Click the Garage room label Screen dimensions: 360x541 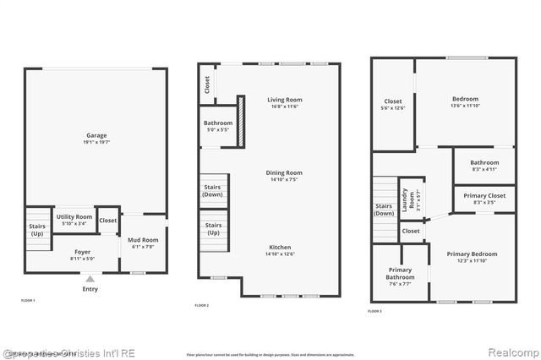(x=96, y=135)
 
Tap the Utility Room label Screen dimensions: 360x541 (x=74, y=217)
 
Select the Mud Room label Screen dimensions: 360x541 (x=144, y=240)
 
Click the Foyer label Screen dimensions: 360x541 (x=82, y=252)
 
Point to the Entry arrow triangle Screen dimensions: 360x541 (x=90, y=278)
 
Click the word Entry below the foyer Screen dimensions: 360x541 (x=90, y=289)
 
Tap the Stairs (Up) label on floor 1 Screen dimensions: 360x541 (x=37, y=229)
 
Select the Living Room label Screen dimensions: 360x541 (x=285, y=100)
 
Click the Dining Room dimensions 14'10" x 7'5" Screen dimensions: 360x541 (x=285, y=179)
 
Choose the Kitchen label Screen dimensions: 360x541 (x=285, y=248)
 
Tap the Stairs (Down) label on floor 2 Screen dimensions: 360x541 (x=212, y=191)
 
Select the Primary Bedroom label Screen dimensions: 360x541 (x=472, y=254)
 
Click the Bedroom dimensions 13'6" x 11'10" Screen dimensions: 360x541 (x=465, y=106)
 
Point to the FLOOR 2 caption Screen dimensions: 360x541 (x=201, y=305)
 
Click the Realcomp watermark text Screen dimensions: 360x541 (x=511, y=351)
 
